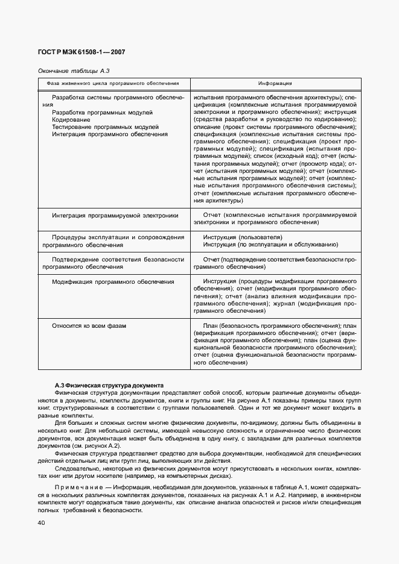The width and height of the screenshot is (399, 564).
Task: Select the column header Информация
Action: tap(275, 83)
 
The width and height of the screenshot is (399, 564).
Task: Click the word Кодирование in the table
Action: tap(71, 119)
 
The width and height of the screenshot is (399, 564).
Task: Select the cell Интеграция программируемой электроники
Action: tap(115, 215)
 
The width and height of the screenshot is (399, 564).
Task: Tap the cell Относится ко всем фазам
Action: tap(89, 325)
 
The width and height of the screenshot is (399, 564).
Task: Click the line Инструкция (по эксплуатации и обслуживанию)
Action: tap(270, 245)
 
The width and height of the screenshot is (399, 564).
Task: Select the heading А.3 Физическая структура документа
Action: tap(106, 385)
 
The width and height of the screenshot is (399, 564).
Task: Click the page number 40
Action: tap(42, 523)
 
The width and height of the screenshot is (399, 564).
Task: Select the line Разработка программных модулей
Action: tap(102, 112)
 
